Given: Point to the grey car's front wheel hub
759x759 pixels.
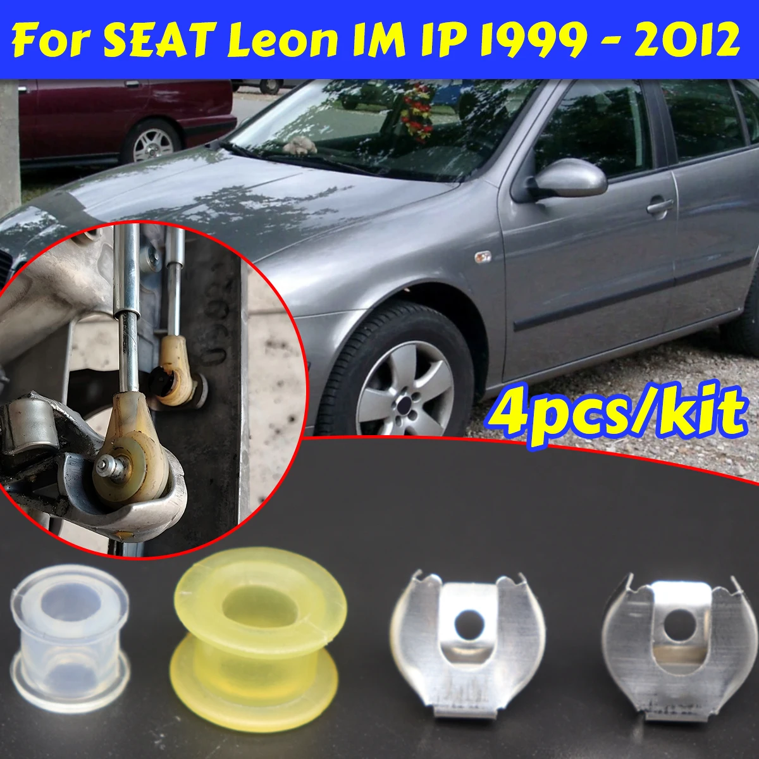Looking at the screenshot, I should [405, 398].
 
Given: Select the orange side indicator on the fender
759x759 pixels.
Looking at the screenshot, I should [483, 257].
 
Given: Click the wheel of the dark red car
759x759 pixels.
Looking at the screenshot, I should [152, 142].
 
